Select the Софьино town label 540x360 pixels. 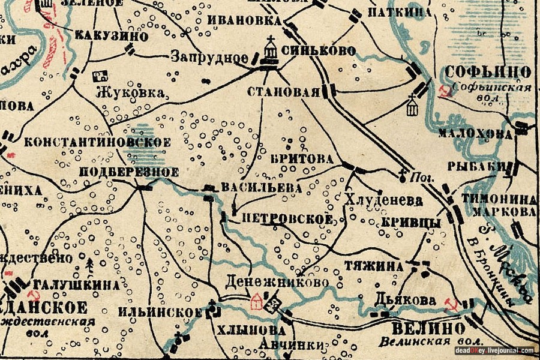[488, 73]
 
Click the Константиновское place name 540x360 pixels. [98, 143]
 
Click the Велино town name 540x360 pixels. [428, 329]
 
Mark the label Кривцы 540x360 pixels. [411, 222]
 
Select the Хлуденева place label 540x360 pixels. [384, 200]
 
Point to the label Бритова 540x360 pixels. [301, 160]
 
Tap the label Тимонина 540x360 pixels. [499, 199]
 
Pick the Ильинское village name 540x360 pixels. [159, 313]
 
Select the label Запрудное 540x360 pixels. [209, 58]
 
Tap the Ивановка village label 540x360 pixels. [244, 20]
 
